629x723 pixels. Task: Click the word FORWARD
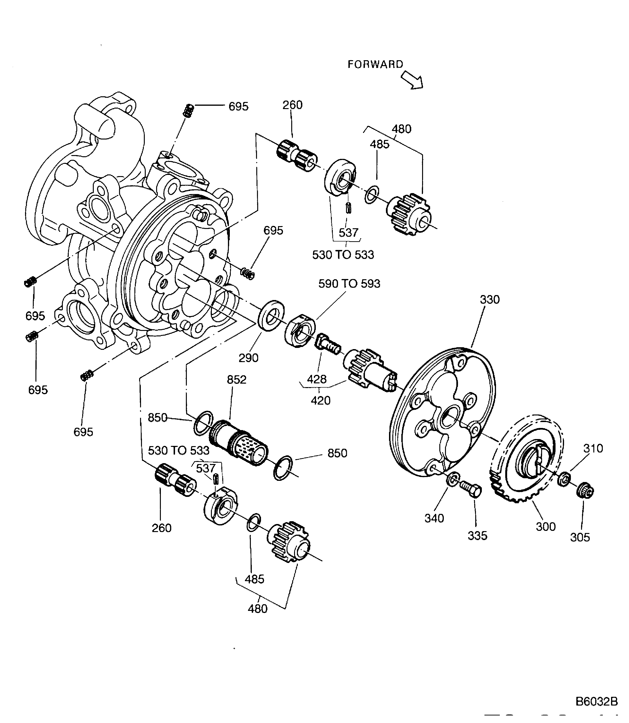[375, 64]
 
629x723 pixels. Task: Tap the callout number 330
[489, 300]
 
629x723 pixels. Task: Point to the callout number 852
[237, 380]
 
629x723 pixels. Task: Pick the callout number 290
[248, 358]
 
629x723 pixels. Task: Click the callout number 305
[580, 537]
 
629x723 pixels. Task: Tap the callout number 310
[593, 448]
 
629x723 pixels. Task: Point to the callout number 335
[477, 536]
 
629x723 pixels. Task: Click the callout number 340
[434, 518]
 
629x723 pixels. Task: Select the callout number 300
[545, 527]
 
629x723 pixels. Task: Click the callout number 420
[321, 400]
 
